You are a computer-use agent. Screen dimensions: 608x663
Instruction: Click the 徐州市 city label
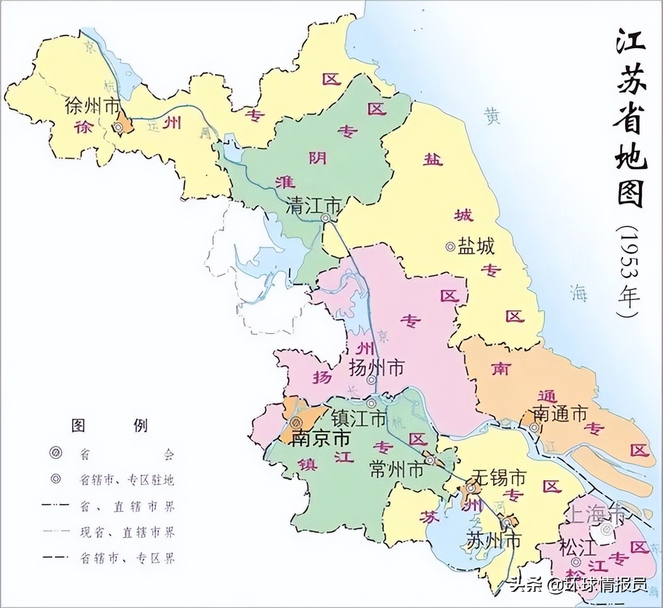point(92,106)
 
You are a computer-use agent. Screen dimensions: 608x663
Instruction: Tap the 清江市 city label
point(314,206)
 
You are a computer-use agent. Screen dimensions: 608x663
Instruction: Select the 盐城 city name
point(476,246)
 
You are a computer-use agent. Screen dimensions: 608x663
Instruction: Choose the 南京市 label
point(321,438)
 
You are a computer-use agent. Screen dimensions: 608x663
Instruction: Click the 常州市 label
point(396,470)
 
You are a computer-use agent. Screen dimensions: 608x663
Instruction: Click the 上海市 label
point(597,515)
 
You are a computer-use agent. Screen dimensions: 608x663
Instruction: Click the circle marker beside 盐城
point(451,247)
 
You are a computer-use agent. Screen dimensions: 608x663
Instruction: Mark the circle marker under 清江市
point(326,219)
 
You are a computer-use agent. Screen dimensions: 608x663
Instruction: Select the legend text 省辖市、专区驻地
point(127,480)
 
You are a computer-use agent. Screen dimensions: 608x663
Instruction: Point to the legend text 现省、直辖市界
point(127,532)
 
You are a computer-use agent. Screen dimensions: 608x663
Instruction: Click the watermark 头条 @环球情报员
point(578,585)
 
